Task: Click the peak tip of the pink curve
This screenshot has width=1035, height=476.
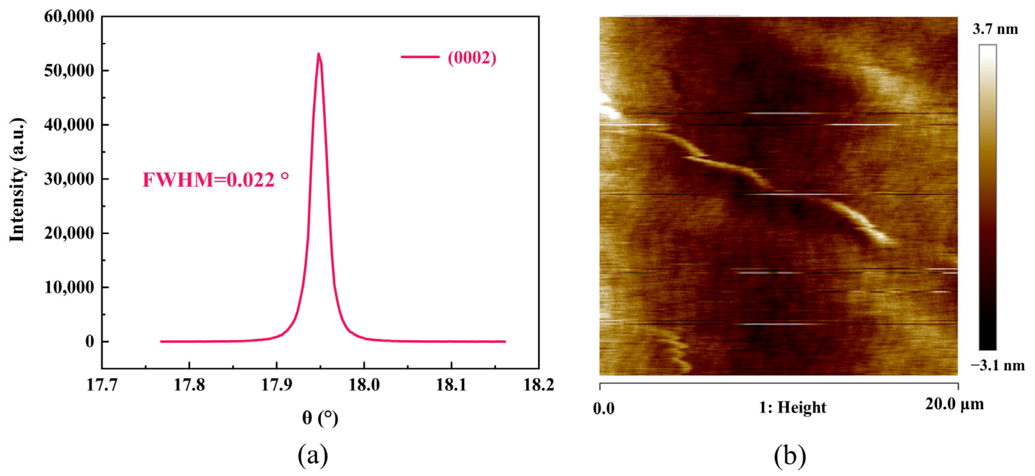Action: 319,54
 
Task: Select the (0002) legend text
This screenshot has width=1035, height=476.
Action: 472,58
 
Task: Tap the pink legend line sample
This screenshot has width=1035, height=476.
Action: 420,57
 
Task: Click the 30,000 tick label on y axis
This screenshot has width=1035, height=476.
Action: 69,179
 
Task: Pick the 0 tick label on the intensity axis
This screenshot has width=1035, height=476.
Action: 90,342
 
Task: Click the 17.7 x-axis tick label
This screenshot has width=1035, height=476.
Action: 102,385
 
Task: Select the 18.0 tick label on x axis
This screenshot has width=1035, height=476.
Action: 364,385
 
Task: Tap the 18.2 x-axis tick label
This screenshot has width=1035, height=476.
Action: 538,385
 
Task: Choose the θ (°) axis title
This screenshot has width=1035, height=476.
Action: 320,418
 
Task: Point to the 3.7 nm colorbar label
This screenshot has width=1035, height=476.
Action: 995,29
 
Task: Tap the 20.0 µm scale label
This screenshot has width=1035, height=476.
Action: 955,404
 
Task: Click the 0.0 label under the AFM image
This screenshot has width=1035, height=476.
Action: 604,409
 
